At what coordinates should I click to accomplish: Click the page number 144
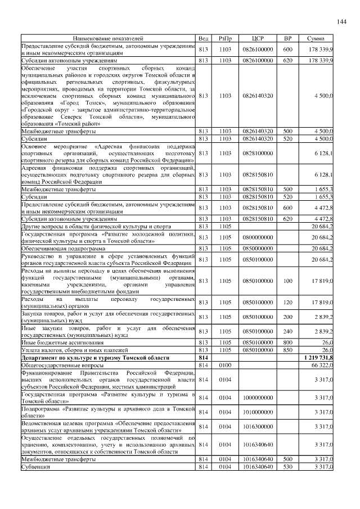[341, 21]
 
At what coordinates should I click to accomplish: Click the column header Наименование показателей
[108, 38]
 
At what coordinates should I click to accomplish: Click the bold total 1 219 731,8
[318, 357]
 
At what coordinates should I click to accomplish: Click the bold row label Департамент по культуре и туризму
[91, 357]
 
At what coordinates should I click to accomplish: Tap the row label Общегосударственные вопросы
[53, 365]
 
